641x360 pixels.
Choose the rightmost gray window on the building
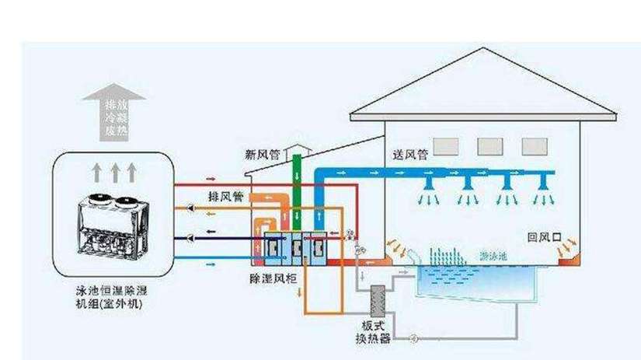point(534,146)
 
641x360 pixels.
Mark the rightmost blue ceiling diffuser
point(548,183)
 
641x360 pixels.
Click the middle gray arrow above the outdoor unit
point(113,170)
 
